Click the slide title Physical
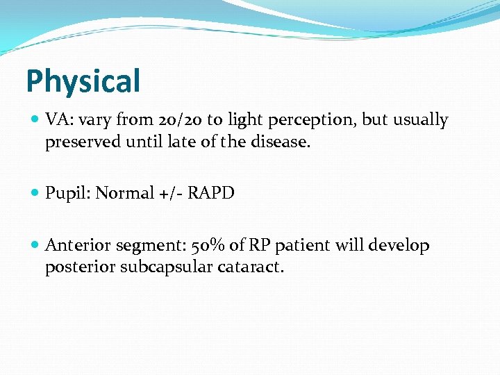pos(83,81)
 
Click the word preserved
pos(78,143)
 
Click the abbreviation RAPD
pos(210,193)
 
